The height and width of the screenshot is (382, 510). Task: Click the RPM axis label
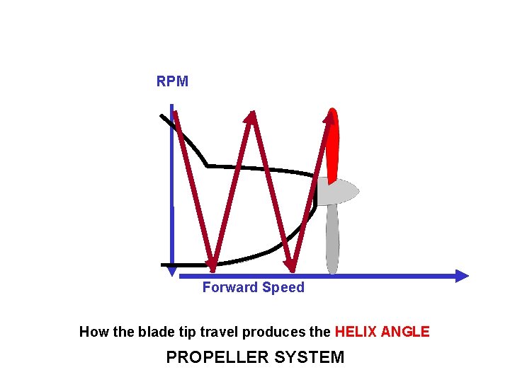[x=172, y=81]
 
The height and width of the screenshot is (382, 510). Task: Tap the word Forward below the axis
[x=230, y=287]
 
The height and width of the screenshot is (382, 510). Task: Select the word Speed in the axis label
[x=283, y=287]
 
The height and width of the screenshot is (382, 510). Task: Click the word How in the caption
[x=92, y=332]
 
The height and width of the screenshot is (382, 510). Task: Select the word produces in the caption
[x=269, y=332]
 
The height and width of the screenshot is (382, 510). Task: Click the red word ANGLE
[x=405, y=332]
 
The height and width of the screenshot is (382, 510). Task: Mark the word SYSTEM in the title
[x=311, y=357]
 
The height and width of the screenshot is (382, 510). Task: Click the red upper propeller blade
[x=333, y=145]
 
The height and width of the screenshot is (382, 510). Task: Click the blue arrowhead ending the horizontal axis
[x=462, y=276]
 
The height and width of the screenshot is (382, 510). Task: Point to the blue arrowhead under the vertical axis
[x=171, y=270]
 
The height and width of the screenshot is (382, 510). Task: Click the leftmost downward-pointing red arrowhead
[x=212, y=264]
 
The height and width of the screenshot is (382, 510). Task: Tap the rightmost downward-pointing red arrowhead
[x=290, y=265]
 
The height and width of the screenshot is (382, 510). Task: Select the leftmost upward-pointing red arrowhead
[x=249, y=117]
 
